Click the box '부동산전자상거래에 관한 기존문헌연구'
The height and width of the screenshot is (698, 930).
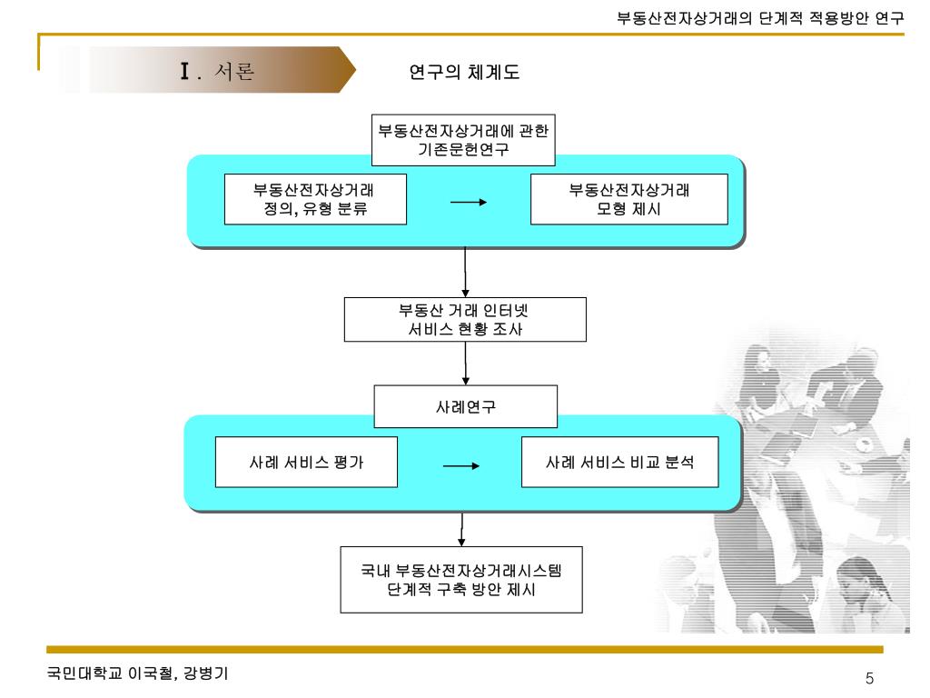[x=463, y=140]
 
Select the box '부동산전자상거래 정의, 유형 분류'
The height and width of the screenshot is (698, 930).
[x=315, y=199]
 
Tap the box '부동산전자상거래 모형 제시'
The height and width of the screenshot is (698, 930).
[x=628, y=199]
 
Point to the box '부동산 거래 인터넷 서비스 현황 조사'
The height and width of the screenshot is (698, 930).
[x=465, y=319]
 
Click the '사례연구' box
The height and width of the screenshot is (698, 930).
[x=465, y=406]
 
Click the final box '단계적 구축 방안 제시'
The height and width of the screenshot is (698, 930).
[x=460, y=579]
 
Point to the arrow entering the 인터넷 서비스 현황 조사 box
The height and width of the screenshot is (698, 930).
[x=465, y=273]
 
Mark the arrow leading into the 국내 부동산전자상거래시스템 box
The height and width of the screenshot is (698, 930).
[x=461, y=528]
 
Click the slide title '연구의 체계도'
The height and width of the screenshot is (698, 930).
[x=465, y=72]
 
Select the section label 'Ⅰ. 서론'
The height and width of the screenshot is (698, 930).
[x=217, y=71]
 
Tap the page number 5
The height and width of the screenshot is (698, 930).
[x=869, y=679]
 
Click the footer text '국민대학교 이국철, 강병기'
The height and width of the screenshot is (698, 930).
[x=137, y=674]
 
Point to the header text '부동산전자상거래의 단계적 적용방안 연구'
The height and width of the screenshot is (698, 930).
[x=760, y=17]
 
